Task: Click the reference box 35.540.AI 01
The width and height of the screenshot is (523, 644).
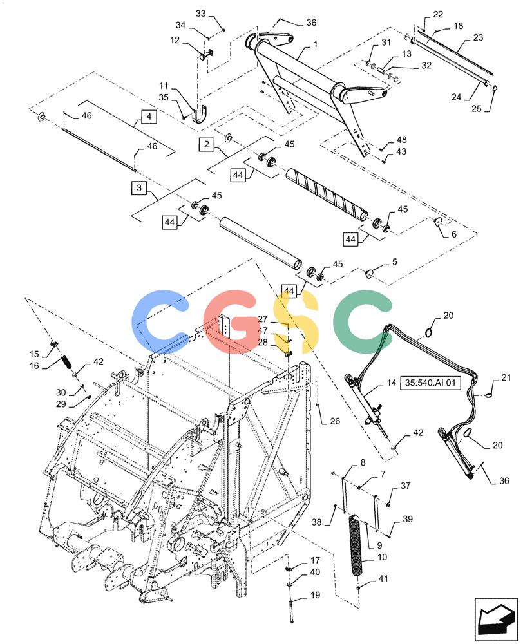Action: pos(430,383)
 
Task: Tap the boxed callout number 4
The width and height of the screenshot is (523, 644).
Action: pos(149,117)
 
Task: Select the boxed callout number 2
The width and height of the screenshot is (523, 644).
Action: pos(206,144)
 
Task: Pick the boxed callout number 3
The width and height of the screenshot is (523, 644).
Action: pos(139,187)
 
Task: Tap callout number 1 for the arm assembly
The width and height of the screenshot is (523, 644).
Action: pos(315,44)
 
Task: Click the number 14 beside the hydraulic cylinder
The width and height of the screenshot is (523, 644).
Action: pos(392,383)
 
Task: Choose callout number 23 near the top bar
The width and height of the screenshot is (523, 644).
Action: pos(478,37)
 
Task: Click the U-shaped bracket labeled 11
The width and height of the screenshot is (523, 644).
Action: pos(200,113)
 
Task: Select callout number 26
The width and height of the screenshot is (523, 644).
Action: pos(335,421)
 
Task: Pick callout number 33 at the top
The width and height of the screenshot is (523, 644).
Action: pos(200,14)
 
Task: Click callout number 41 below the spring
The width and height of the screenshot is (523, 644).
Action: pos(383,578)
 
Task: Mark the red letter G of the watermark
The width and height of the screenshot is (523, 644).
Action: pos(233,322)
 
